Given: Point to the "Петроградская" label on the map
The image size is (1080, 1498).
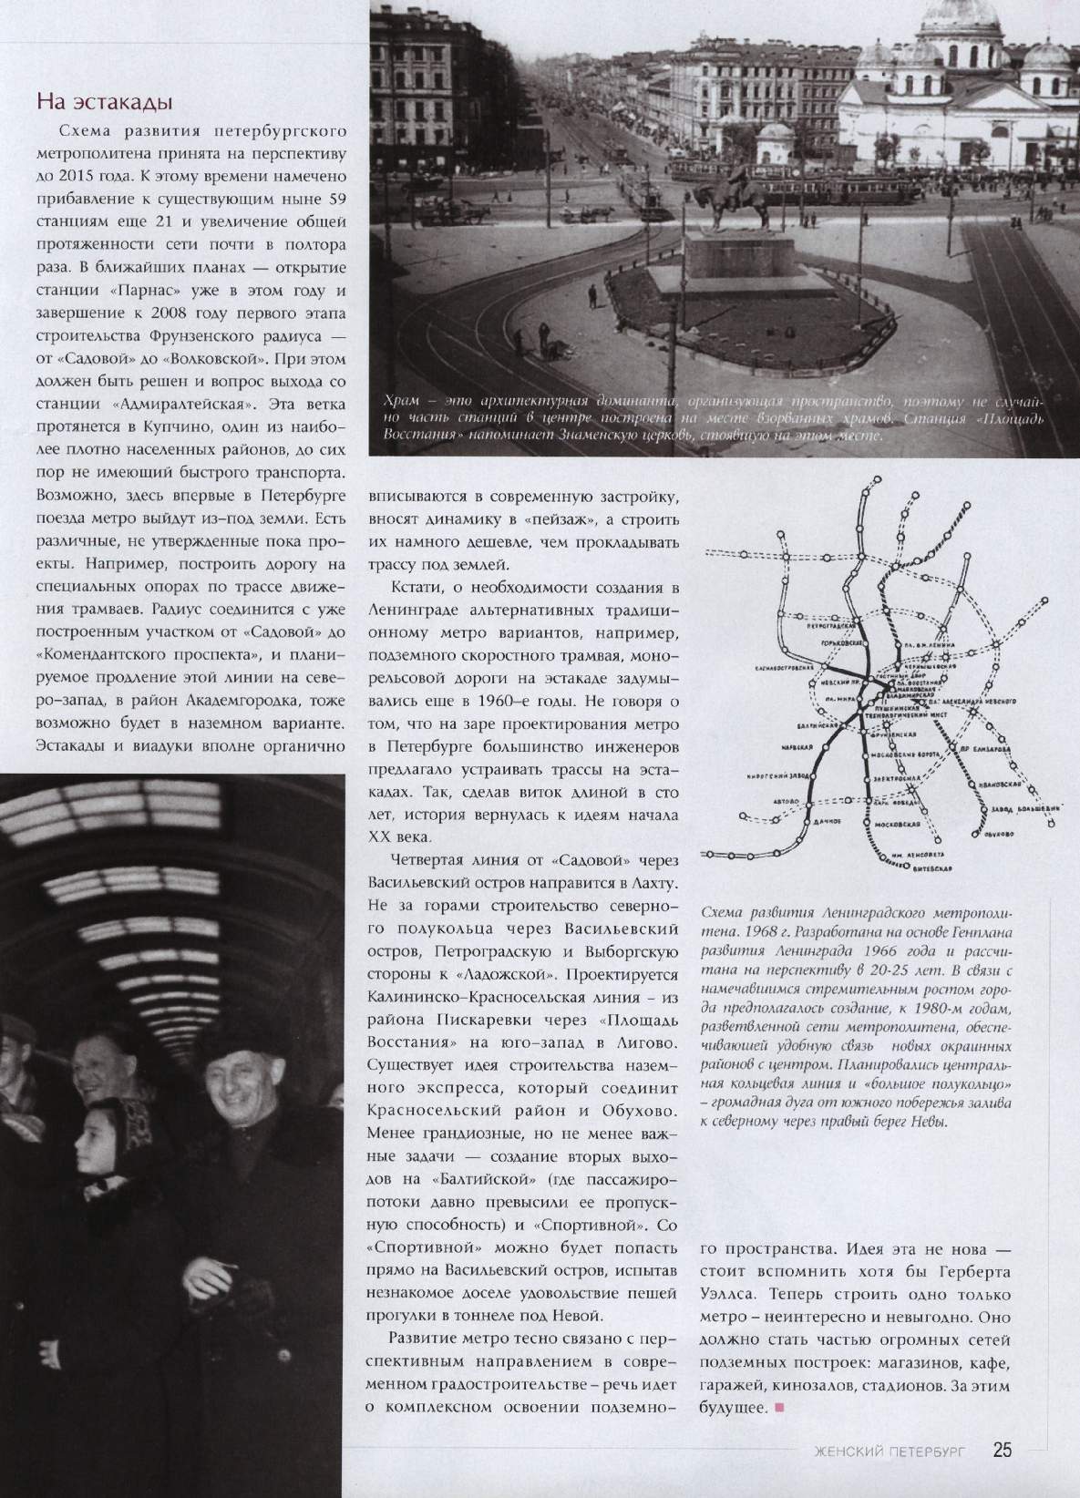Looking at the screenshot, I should (828, 628).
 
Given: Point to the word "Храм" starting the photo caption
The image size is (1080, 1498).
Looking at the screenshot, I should (402, 402).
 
